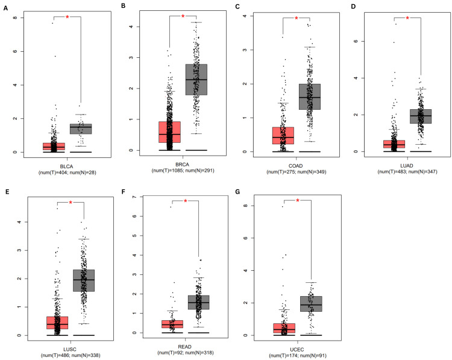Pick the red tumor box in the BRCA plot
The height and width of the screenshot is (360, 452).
pyautogui.click(x=169, y=131)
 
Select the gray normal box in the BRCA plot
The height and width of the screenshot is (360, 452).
pyautogui.click(x=196, y=79)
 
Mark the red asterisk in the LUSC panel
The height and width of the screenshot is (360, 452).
pyautogui.click(x=71, y=203)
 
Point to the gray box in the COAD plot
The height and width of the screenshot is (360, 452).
pyautogui.click(x=309, y=96)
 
